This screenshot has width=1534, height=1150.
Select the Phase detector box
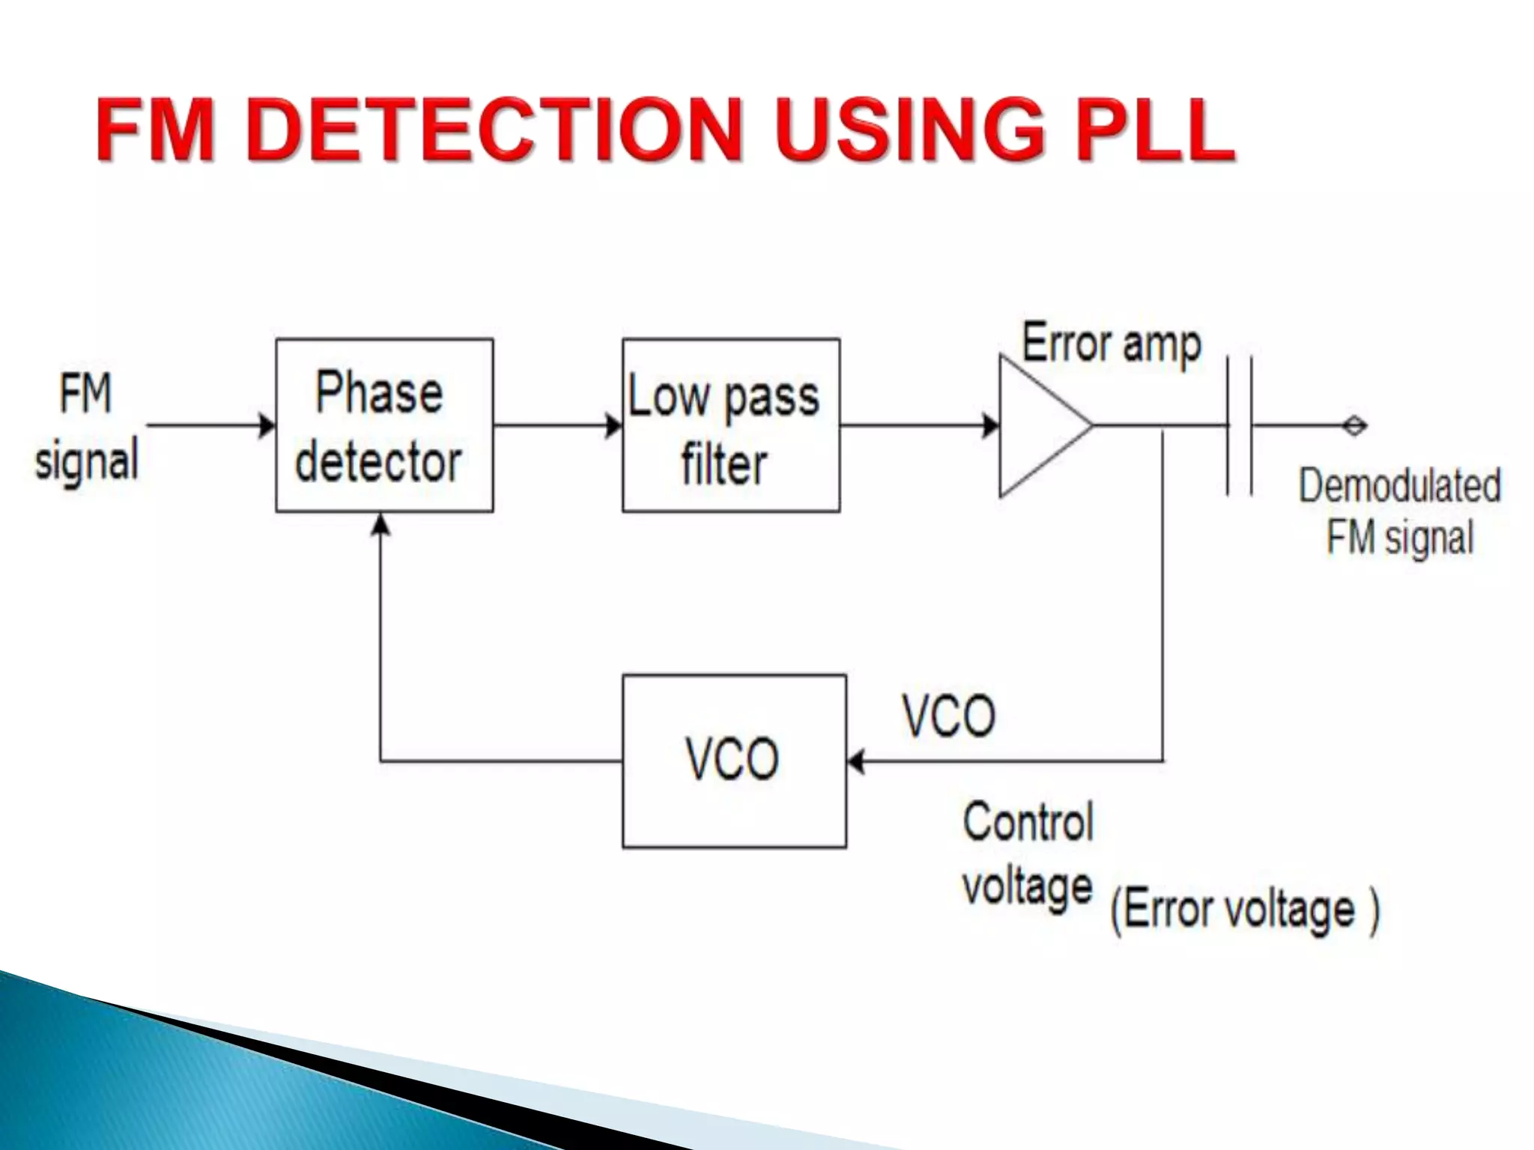pos(383,425)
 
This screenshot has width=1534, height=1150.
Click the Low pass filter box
pos(730,425)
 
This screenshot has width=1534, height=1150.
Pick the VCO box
pos(734,761)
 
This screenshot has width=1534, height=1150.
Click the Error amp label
pos(1111,344)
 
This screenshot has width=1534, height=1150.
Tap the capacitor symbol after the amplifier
pos(1240,425)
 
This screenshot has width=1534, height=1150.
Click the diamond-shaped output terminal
pos(1354,425)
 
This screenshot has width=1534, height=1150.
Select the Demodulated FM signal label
pos(1399,511)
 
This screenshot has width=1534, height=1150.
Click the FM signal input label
pos(86,427)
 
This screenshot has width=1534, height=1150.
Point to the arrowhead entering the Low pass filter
pos(614,425)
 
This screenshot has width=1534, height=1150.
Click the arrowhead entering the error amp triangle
pos(991,425)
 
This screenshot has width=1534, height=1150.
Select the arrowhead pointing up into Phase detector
pos(381,523)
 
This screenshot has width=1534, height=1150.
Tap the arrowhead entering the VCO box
pos(856,761)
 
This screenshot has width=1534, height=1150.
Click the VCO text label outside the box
pos(948,716)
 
